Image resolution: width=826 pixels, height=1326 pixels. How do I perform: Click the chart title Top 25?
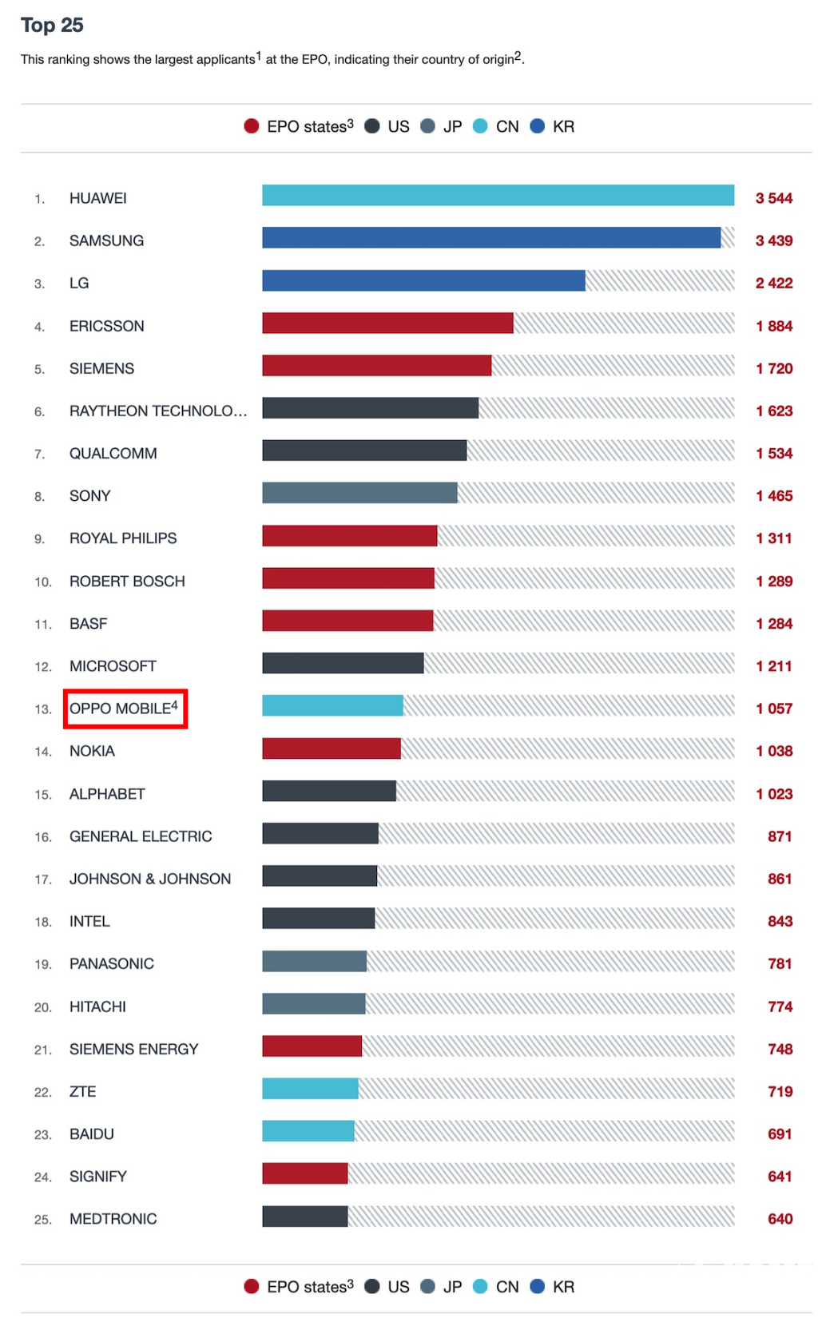(x=52, y=26)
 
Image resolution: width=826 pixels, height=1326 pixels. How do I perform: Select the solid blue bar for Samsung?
(x=490, y=238)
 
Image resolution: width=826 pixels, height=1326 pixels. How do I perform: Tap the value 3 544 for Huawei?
(x=773, y=198)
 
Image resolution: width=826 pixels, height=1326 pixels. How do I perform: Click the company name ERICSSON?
(x=107, y=326)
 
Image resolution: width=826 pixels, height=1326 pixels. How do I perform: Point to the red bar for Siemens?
(x=376, y=366)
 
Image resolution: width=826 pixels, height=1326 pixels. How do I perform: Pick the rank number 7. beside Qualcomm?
(x=39, y=455)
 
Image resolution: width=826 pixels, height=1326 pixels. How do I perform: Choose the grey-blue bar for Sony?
(x=359, y=493)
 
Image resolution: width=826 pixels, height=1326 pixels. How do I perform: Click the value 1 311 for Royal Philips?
(x=773, y=538)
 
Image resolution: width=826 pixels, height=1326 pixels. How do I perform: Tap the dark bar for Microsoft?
(x=343, y=663)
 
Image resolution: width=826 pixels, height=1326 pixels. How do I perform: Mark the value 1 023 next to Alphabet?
(x=773, y=794)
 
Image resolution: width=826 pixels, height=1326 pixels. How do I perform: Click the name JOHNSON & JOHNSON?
(x=150, y=879)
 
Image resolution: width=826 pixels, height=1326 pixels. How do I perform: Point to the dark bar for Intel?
(x=318, y=919)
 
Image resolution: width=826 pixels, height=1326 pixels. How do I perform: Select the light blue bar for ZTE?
(x=310, y=1089)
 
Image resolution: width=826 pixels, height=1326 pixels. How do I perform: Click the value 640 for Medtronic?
(x=780, y=1219)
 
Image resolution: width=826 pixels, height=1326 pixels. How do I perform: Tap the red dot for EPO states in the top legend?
(x=252, y=126)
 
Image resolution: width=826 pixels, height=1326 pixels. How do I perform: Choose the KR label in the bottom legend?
(x=563, y=1287)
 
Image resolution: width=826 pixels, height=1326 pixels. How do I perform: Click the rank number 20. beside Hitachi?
(x=42, y=1007)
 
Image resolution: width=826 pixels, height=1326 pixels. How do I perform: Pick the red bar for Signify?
(x=304, y=1173)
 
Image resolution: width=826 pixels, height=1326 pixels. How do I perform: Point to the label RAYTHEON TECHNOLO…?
(x=158, y=411)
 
